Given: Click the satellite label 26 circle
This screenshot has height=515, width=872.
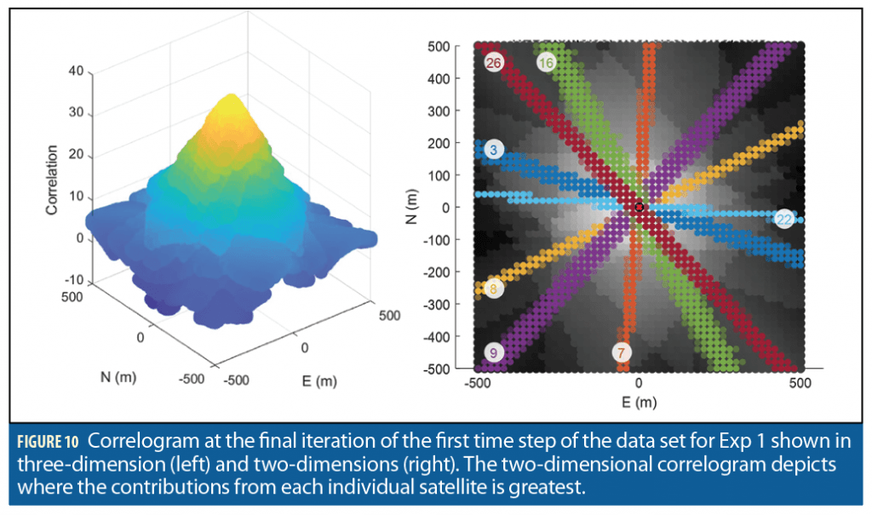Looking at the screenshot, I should click(x=493, y=63).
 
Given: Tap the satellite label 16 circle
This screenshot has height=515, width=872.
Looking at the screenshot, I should click(x=547, y=62).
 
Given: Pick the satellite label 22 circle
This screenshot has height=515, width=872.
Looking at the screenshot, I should click(x=784, y=220).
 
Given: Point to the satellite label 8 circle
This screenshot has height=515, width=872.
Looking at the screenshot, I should click(x=493, y=289).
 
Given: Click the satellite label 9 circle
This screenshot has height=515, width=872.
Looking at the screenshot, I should click(x=493, y=352).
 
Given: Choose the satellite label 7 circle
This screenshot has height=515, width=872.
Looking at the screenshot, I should click(x=622, y=352).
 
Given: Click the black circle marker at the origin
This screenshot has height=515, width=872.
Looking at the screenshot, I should click(x=640, y=207).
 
